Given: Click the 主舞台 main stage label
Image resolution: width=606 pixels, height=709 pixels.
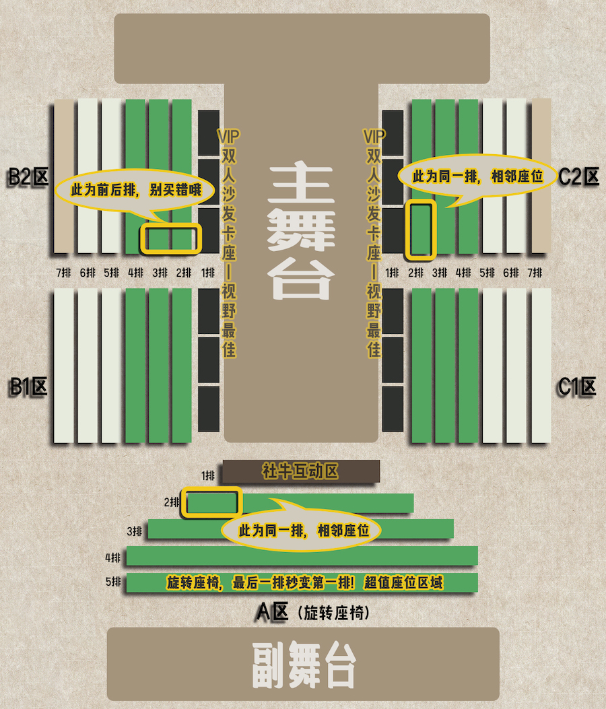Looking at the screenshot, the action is (x=301, y=232).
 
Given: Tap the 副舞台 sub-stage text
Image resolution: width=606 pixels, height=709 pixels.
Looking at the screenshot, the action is (x=304, y=665).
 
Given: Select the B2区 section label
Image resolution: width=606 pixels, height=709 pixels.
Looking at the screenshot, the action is (x=28, y=177).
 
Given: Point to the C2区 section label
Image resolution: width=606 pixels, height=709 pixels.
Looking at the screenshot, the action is (x=578, y=176).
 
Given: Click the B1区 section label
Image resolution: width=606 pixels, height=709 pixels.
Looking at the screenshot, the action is (x=28, y=387).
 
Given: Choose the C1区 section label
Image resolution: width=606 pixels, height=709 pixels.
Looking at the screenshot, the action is (x=577, y=387).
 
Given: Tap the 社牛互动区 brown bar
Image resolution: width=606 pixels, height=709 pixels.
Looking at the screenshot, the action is (x=301, y=471).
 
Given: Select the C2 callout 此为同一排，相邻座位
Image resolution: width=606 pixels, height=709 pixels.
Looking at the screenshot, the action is (x=477, y=179).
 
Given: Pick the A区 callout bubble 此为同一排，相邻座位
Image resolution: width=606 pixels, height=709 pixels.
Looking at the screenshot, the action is (x=301, y=527).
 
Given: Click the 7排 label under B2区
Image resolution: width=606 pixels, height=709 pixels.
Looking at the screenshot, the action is (x=63, y=273).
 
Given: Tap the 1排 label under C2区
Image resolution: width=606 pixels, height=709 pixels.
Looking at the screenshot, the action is (x=392, y=273).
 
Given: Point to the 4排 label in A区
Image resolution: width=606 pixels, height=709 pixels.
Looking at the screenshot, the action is (x=112, y=558).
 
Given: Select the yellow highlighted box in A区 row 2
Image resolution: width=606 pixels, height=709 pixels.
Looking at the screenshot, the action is (x=211, y=502).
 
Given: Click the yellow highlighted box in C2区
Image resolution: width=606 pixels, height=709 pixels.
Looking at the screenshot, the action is (x=421, y=230).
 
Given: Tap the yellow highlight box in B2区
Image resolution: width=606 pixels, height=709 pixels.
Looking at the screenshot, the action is (x=170, y=238).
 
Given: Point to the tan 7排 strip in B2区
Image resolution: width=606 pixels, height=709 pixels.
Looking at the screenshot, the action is (x=64, y=176).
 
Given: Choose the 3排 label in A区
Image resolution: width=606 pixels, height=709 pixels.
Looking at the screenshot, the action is (x=134, y=531).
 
